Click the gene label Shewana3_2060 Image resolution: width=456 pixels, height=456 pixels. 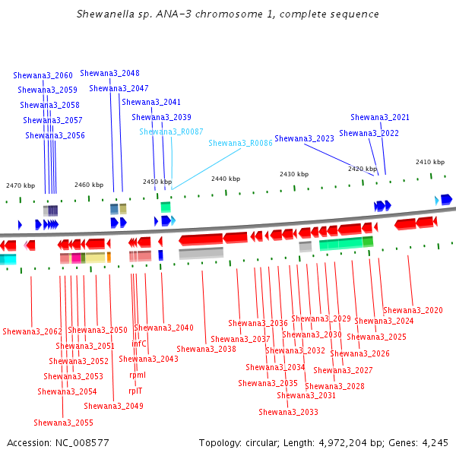[43, 75]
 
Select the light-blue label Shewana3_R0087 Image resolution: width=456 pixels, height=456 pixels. [171, 131]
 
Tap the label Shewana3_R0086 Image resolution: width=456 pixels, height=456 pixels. [240, 143]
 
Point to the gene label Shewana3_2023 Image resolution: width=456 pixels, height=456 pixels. [304, 138]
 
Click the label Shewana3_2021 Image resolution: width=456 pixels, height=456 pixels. [380, 117]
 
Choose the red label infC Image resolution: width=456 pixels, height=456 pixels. [139, 344]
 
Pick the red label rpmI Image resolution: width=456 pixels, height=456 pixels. [138, 375]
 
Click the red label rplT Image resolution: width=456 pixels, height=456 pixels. [135, 391]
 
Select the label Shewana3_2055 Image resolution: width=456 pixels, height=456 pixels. [63, 423]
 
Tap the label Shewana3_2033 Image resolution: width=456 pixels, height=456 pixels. [288, 412]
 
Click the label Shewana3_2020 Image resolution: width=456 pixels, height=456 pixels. [413, 310]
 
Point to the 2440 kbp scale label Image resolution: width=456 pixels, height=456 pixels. [226, 179]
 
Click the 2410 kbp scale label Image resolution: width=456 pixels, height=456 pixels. [430, 162]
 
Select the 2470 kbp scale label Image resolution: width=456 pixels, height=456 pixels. [21, 185]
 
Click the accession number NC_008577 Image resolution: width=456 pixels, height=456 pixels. [82, 443]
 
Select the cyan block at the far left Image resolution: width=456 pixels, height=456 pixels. [8, 259]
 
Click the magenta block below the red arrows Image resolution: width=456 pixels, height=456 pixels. [76, 258]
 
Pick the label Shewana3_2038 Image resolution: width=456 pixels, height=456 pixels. [206, 349]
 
